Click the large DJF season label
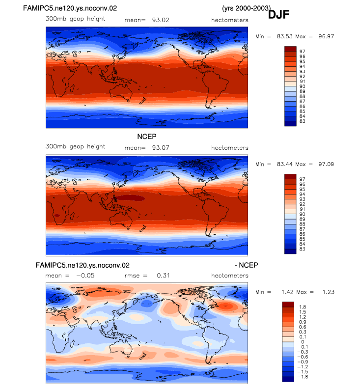[278, 15]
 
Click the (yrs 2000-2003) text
[247, 8]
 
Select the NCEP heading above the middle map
[147, 137]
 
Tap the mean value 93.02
[161, 20]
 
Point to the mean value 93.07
[161, 148]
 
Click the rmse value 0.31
[163, 276]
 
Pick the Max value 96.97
[326, 36]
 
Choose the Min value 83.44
[284, 164]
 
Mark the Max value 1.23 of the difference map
[328, 292]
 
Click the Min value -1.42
[285, 292]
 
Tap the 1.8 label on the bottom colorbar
[303, 307]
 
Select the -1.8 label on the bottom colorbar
[303, 377]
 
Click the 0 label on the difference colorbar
[303, 342]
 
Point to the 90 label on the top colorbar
[302, 86]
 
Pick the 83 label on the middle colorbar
[302, 249]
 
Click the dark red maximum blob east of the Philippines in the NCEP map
[131, 198]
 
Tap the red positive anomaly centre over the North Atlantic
[225, 306]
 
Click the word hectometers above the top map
[230, 20]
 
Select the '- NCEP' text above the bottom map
[246, 265]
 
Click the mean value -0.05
[85, 276]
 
